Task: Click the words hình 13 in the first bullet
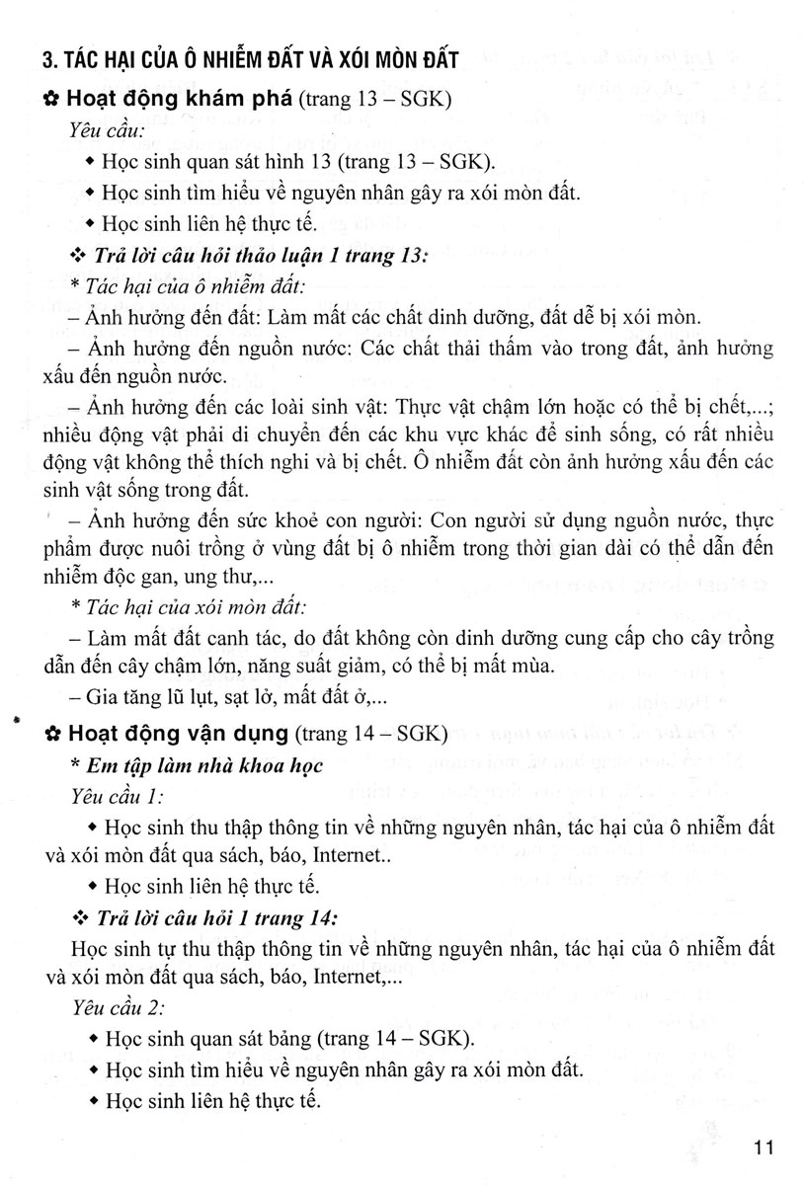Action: pos(310,162)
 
